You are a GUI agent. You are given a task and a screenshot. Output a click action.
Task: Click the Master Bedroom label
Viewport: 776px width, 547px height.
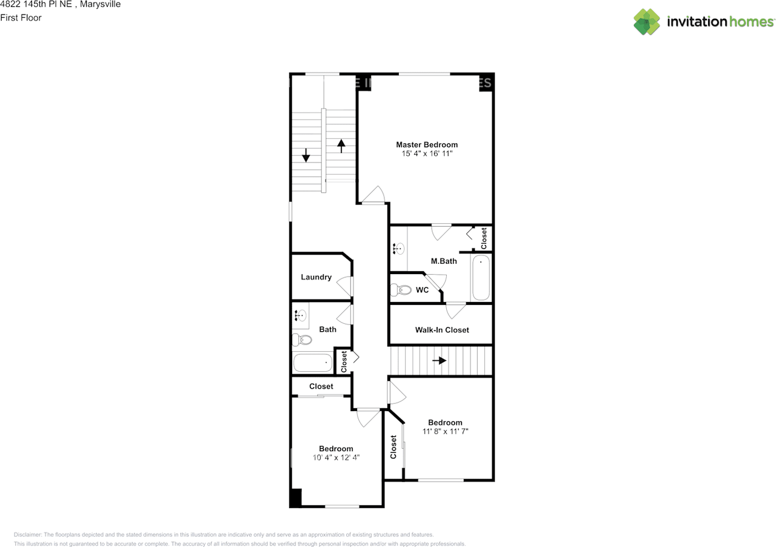point(427,144)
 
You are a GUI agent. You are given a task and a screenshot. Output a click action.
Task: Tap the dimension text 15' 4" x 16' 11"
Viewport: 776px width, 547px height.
point(427,155)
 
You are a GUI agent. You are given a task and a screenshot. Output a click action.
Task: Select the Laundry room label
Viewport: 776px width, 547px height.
point(316,277)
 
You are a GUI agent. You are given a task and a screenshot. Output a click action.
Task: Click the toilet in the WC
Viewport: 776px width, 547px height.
point(401,290)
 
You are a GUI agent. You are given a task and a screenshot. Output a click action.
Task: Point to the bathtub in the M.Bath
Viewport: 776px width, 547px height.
point(481,278)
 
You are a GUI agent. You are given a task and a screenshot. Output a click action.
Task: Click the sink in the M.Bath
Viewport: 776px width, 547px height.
point(399,248)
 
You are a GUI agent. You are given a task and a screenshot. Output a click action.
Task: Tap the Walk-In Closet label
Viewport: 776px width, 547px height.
point(442,330)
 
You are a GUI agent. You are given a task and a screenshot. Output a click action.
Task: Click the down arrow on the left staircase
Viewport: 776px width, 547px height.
point(306,155)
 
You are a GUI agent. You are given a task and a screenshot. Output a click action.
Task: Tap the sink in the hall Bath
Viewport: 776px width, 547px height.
point(300,315)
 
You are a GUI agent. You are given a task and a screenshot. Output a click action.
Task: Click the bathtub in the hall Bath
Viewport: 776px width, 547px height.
point(313,363)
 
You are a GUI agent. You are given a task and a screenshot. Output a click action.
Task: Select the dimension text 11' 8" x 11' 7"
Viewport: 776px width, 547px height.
point(445,432)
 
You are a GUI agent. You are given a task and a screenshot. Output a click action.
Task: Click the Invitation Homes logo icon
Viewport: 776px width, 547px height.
point(647,22)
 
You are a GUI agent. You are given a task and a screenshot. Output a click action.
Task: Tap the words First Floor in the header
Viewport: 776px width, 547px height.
point(21,18)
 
